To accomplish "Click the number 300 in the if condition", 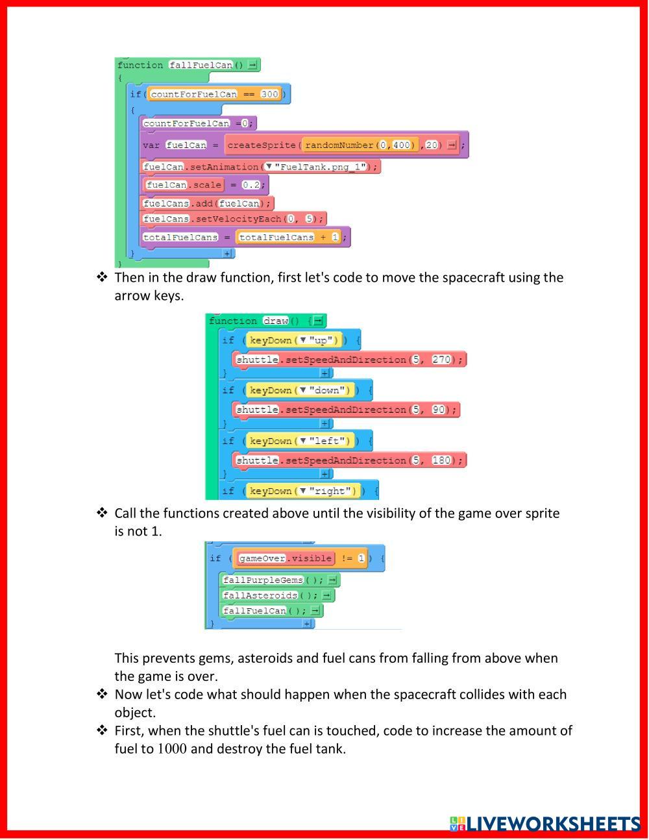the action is [269, 94].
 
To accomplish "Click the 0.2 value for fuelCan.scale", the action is [251, 185].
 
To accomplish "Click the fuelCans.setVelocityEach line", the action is [232, 219].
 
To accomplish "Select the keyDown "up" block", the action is [294, 340].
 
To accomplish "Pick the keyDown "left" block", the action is [300, 441].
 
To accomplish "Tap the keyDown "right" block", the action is [302, 491].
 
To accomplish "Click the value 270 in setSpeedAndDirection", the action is [441, 360].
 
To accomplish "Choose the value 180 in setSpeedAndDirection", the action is [441, 460].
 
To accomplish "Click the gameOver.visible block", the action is [286, 558].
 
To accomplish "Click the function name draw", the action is [275, 321].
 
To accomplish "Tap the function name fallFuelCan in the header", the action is [201, 65].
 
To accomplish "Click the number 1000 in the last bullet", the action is [172, 749].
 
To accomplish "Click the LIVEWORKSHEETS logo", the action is [545, 824].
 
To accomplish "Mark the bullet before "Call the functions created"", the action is [102, 513].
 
